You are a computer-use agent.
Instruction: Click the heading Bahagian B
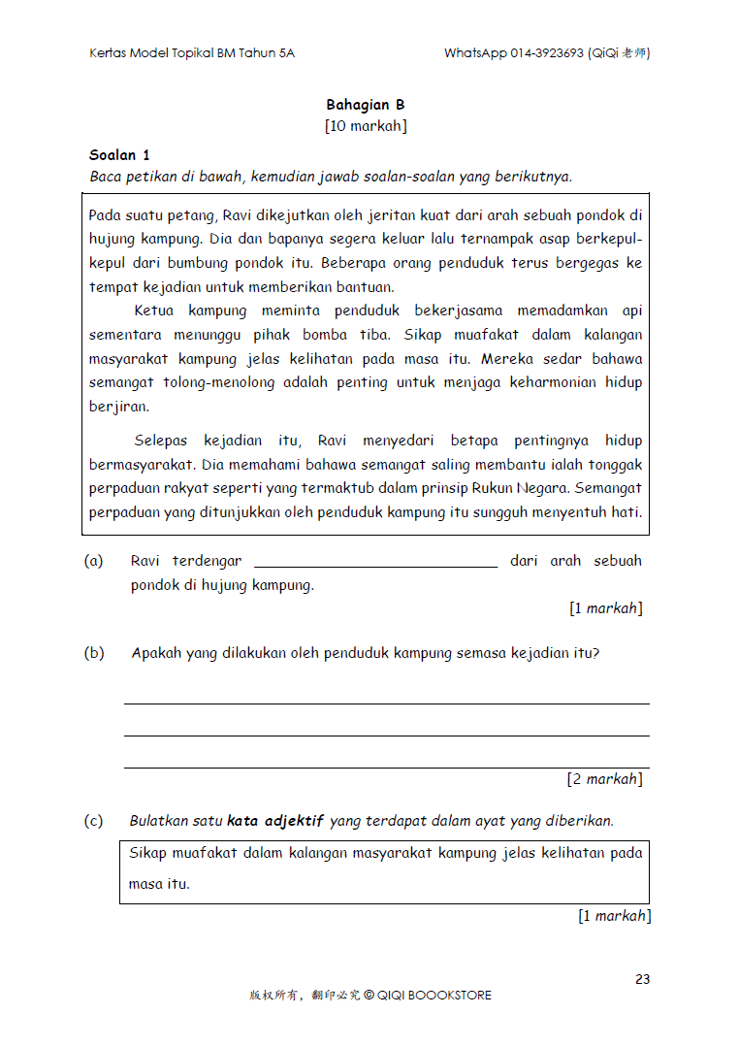[x=365, y=105]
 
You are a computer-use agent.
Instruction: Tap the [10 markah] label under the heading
[x=366, y=126]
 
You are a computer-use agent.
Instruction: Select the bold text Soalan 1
[x=119, y=155]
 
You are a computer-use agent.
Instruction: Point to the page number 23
[x=642, y=979]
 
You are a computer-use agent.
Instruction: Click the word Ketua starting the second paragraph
[x=154, y=311]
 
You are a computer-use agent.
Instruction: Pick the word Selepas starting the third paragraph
[x=162, y=441]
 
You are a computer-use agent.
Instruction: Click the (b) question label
[x=94, y=653]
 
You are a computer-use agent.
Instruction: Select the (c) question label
[x=94, y=821]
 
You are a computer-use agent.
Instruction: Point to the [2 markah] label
[x=604, y=778]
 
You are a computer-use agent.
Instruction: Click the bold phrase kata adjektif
[x=275, y=821]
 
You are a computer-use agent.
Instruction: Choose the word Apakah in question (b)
[x=155, y=653]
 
